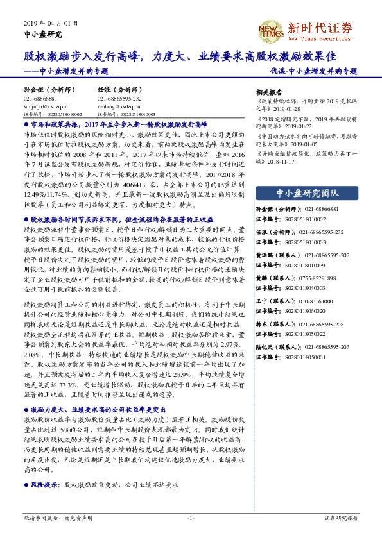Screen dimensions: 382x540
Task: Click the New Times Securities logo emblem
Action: (x=266, y=30)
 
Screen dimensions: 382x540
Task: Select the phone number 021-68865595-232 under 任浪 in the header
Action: (x=119, y=99)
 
